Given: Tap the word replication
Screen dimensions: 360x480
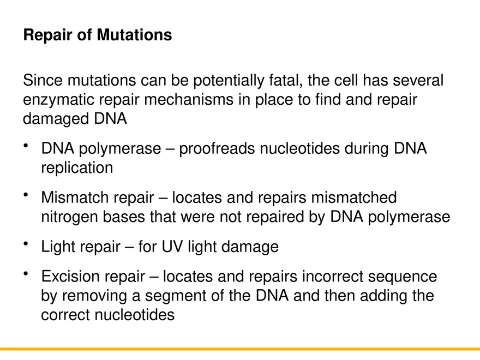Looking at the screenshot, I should pyautogui.click(x=77, y=167).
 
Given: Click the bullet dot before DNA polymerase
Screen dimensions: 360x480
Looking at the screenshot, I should pyautogui.click(x=26, y=146).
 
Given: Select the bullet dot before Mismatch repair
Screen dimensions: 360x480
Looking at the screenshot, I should pyautogui.click(x=26, y=195).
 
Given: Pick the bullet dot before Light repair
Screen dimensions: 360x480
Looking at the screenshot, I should pyautogui.click(x=26, y=244).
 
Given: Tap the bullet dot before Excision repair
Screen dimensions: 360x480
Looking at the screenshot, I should pyautogui.click(x=26, y=274).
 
